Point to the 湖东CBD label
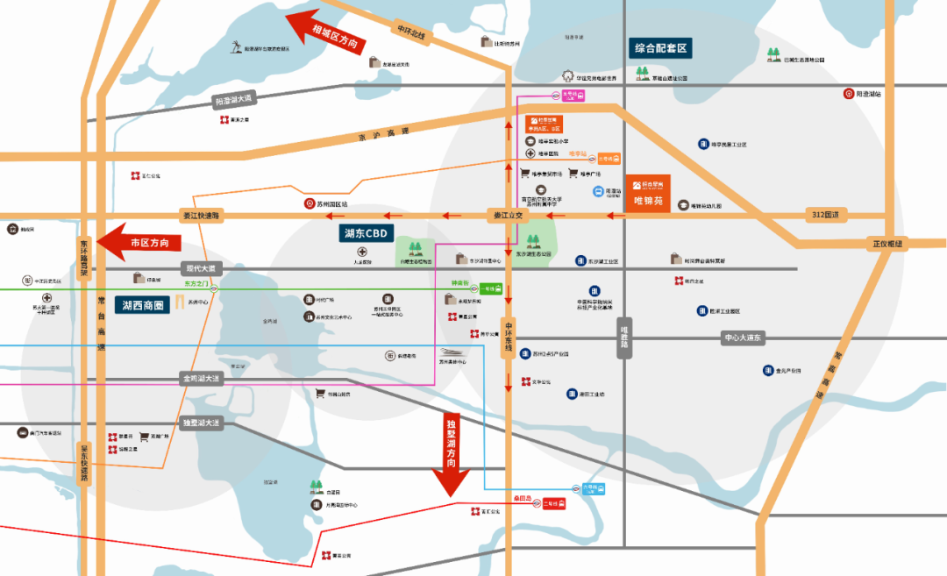tap(366, 233)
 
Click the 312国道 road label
tap(825, 215)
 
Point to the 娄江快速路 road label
tap(203, 215)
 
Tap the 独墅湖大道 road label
tap(203, 423)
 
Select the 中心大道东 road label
tap(743, 338)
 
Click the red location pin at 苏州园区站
tap(308, 204)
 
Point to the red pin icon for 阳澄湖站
tap(848, 94)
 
